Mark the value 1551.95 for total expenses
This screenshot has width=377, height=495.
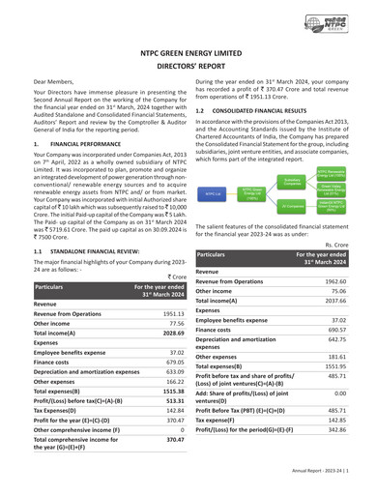[333, 367]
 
